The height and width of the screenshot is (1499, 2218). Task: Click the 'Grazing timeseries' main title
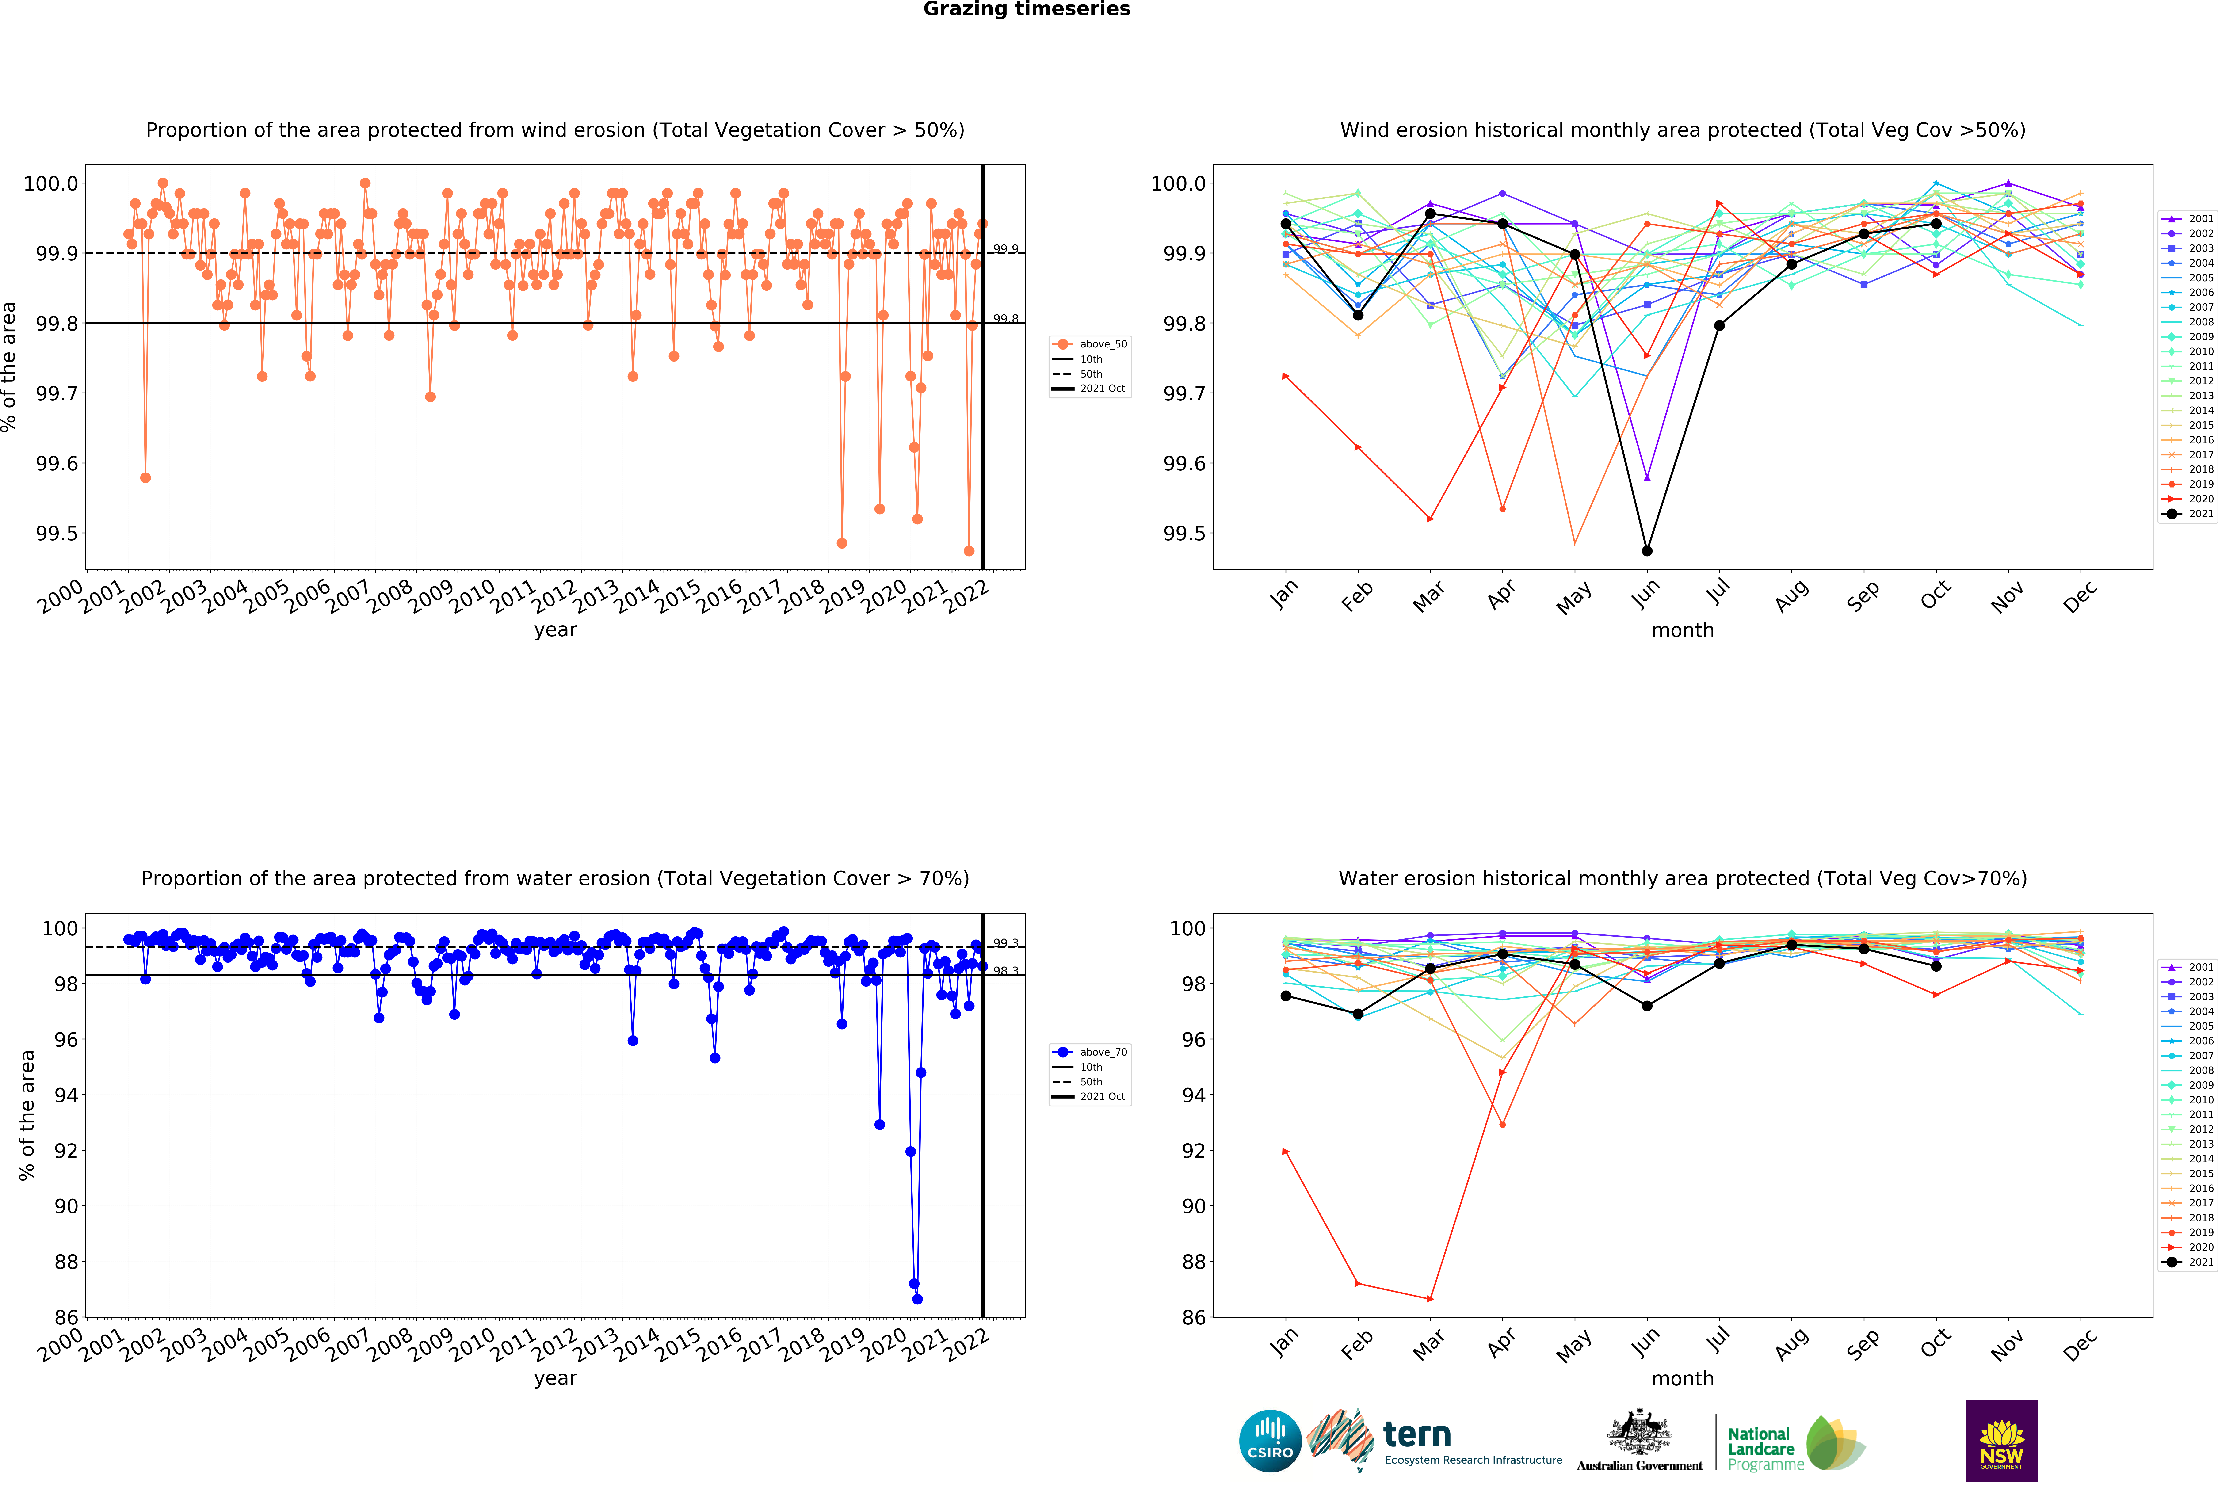click(x=1026, y=10)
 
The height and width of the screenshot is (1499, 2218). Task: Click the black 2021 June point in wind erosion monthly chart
click(x=1646, y=551)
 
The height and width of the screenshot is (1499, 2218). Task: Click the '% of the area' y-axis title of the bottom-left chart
click(x=27, y=1114)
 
